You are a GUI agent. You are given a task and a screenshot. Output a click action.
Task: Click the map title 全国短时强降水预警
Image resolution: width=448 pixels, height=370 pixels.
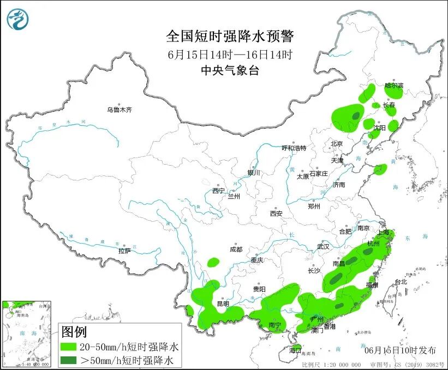[x=230, y=37]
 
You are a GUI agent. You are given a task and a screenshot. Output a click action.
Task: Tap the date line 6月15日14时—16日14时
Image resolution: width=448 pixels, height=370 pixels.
[x=230, y=54]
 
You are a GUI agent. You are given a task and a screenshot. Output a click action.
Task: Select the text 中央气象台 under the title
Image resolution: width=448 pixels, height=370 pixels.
[x=230, y=70]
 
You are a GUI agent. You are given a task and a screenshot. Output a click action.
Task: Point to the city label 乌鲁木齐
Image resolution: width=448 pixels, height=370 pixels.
[x=119, y=110]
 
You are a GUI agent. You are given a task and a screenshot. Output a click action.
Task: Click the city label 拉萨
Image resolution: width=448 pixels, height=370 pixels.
[x=124, y=251]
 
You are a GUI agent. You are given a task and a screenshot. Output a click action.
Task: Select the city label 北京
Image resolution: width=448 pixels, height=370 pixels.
[x=336, y=144]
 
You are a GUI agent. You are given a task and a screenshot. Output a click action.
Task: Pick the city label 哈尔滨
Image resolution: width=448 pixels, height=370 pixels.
[x=394, y=86]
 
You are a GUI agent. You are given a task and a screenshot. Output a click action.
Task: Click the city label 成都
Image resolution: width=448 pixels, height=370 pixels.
[x=236, y=250]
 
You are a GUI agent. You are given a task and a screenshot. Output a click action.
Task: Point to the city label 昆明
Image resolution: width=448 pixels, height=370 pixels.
[x=223, y=303]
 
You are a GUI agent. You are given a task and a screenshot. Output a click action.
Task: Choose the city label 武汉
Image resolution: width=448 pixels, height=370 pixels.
[x=323, y=246]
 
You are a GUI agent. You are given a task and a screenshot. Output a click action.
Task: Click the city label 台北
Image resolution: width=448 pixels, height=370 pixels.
[x=401, y=282]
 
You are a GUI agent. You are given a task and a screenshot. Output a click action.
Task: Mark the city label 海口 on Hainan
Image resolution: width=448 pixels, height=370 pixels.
[x=295, y=349]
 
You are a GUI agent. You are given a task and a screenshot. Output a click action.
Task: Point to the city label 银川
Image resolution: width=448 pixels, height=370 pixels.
[x=254, y=173]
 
